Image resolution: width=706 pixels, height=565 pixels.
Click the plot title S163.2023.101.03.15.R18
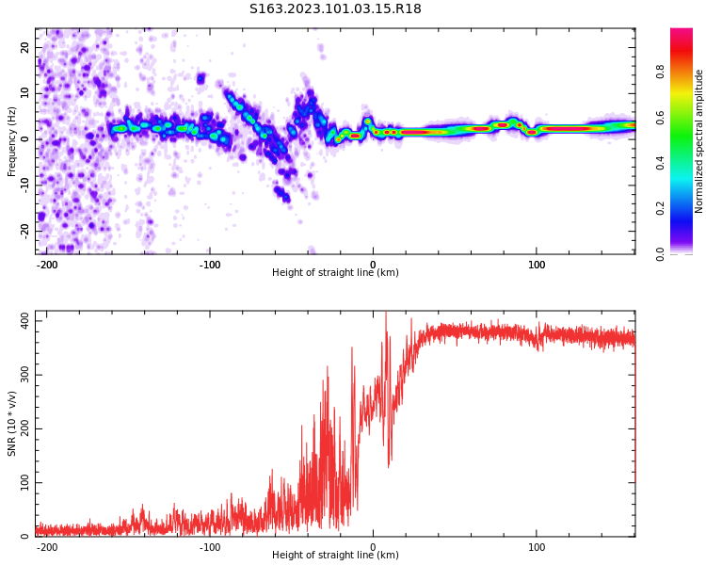point(335,9)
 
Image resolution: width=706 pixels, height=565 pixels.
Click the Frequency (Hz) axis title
point(11,141)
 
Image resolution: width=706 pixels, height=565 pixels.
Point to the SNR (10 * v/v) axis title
point(11,424)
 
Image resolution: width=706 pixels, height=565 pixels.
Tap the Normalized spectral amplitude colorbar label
point(699,141)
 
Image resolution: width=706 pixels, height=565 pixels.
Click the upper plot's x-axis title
point(335,273)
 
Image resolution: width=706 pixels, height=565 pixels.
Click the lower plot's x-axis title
point(335,555)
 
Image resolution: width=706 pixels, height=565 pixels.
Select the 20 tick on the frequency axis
point(24,48)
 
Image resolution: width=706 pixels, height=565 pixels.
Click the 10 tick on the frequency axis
point(24,93)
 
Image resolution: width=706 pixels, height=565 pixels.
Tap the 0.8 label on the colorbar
point(687,71)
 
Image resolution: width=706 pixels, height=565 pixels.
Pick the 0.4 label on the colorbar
point(687,162)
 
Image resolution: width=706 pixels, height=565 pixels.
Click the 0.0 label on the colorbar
point(687,253)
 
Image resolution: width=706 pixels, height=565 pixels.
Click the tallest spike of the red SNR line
point(386,314)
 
